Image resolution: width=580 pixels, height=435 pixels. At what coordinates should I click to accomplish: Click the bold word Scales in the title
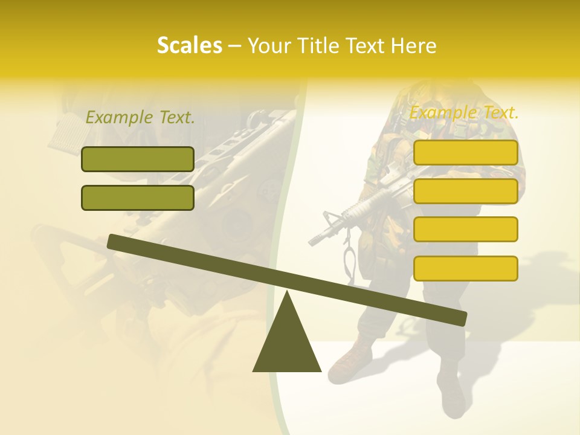point(189,45)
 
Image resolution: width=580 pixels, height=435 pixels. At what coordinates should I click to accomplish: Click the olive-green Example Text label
point(140,118)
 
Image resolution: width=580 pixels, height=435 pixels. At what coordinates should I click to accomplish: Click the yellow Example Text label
point(464,112)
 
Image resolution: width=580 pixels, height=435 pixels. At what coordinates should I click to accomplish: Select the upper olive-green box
point(138,159)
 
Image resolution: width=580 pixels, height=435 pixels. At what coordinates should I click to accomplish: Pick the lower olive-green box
point(138,198)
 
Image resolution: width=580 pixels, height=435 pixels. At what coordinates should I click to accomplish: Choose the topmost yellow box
point(465,152)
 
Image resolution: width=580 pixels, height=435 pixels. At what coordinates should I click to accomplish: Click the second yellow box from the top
point(465,191)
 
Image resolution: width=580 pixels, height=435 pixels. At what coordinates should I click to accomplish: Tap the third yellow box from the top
point(465,229)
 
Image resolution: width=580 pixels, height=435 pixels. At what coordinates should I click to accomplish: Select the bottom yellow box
point(465,268)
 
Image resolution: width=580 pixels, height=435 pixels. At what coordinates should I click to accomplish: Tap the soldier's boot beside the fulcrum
point(349,360)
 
